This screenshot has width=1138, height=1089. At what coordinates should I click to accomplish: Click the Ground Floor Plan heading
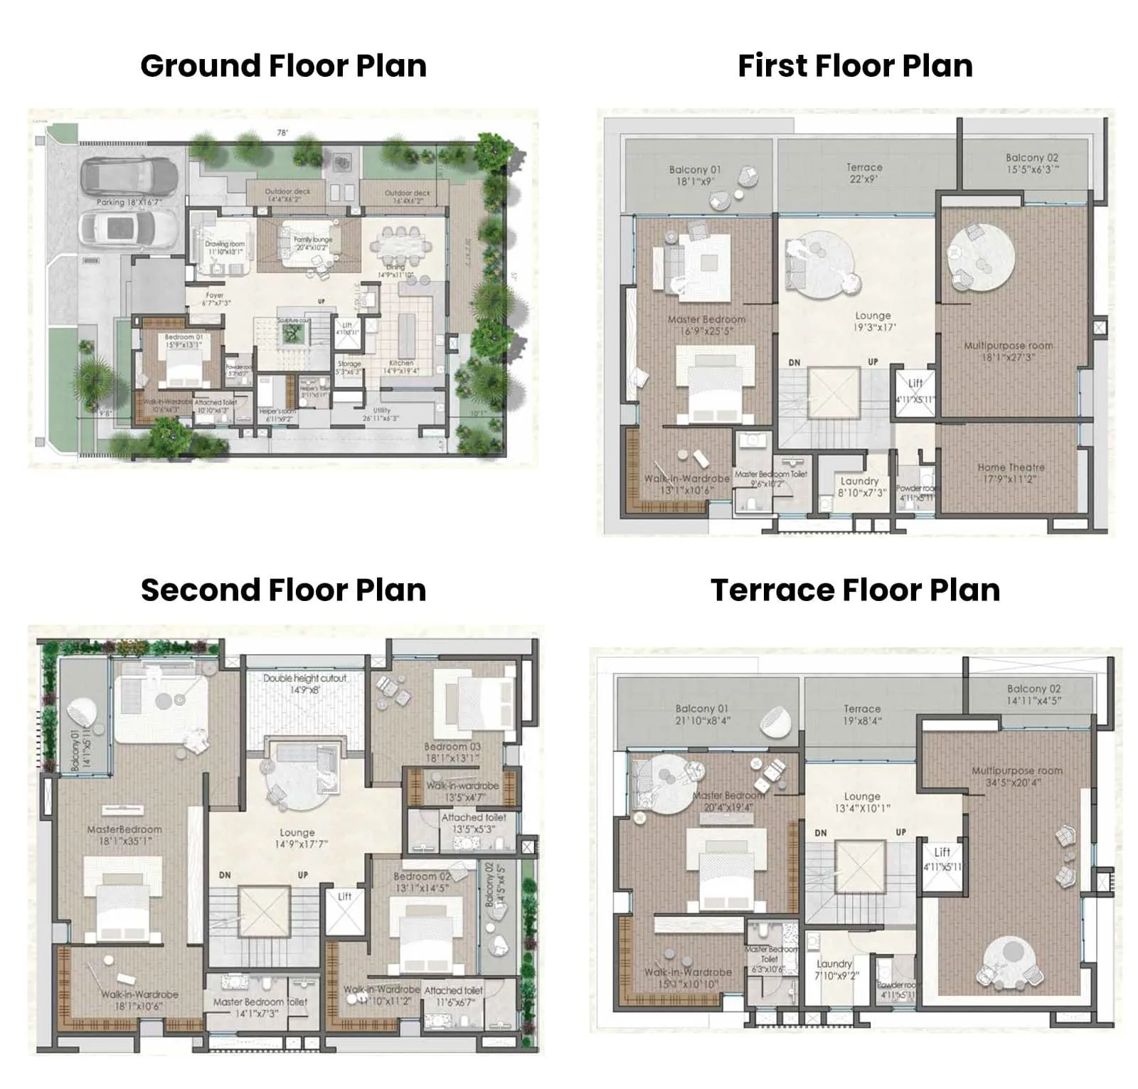[283, 65]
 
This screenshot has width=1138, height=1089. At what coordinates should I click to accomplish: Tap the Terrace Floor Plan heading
[855, 590]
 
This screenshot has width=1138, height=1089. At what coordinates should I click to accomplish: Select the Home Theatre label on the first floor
[1011, 473]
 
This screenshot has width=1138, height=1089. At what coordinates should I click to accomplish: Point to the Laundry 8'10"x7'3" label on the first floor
[860, 487]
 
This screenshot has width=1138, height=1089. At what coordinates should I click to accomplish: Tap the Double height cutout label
[304, 684]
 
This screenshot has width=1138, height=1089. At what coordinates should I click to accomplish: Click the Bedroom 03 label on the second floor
[452, 752]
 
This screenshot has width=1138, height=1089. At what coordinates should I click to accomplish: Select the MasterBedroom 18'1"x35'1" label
[124, 834]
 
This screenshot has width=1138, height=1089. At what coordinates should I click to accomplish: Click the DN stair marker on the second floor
[225, 875]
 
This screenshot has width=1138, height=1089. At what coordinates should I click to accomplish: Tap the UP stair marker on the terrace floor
[900, 832]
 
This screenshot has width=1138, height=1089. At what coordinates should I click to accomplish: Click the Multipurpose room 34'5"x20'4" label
[1017, 776]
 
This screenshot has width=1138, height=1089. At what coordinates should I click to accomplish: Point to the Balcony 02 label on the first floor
[1031, 163]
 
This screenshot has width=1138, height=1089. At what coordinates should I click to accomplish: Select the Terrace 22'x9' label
[864, 173]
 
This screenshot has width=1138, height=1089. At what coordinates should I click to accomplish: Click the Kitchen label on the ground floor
[401, 366]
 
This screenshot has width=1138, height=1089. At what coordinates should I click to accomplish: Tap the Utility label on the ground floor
[381, 414]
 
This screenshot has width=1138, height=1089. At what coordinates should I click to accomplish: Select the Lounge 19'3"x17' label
[873, 321]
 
